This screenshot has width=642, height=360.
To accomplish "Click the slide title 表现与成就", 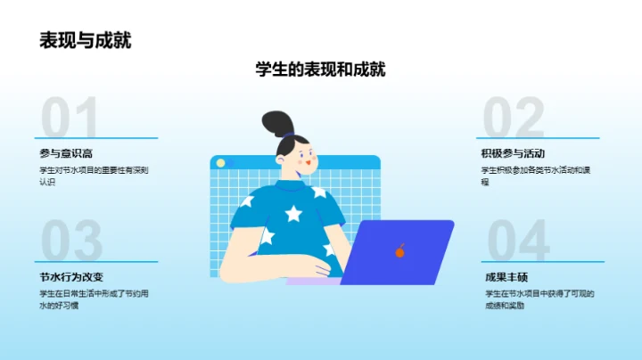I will (85, 40).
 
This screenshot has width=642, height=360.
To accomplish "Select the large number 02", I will (513, 119).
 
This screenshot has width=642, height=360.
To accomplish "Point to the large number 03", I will (71, 241).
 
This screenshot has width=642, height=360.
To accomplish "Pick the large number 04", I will (517, 241).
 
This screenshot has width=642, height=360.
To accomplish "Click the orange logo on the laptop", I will (400, 252).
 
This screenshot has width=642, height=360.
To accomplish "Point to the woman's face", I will (301, 160).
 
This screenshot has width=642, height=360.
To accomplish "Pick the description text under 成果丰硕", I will (539, 299).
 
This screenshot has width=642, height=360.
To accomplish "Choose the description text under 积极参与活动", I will (539, 176).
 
